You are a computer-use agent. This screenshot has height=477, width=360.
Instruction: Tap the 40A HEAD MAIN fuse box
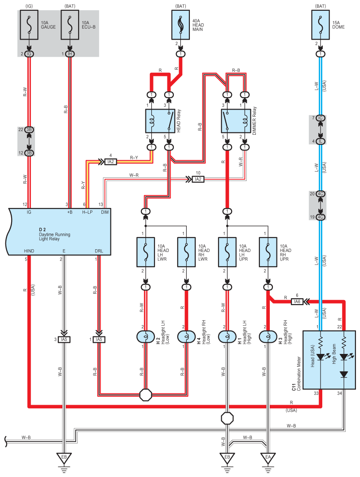pyautogui.click(x=180, y=25)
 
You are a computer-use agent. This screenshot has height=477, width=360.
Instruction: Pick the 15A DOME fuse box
pyautogui.click(x=320, y=25)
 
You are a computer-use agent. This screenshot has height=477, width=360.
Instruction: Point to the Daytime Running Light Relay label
pyautogui.click(x=54, y=234)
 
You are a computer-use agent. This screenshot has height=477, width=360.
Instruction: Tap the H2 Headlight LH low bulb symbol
pyautogui.click(x=145, y=336)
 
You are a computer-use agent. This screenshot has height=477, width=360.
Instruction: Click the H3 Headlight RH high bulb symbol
pyautogui.click(x=268, y=336)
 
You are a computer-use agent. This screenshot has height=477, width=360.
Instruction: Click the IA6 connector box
pyautogui.click(x=297, y=301)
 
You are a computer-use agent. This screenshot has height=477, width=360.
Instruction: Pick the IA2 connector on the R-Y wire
pyautogui.click(x=111, y=161)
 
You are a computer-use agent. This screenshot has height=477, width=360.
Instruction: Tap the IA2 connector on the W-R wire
pyautogui.click(x=198, y=179)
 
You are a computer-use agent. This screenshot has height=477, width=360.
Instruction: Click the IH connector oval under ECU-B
pyautogui.click(x=70, y=54)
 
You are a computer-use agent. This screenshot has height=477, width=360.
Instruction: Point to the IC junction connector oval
pyautogui.click(x=320, y=118)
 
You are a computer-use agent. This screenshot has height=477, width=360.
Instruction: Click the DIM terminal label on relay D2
pyautogui.click(x=105, y=212)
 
